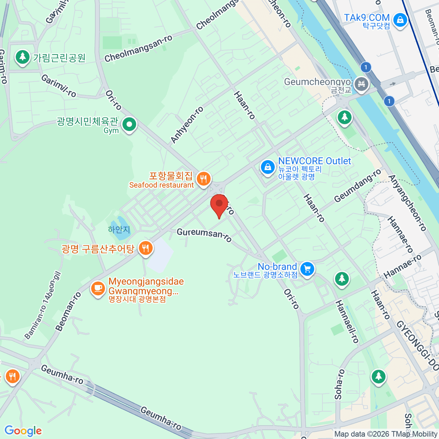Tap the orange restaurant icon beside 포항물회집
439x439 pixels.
[203, 179]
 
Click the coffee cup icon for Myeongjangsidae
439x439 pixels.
[98, 288]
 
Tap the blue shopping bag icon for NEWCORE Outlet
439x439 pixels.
[268, 168]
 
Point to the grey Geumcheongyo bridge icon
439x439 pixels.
[361, 85]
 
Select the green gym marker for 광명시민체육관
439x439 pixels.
[129, 125]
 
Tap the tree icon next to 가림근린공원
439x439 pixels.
[23, 57]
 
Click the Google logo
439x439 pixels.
[23, 431]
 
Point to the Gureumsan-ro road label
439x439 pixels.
[204, 235]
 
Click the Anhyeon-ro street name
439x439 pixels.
[187, 125]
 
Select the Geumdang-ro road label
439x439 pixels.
[357, 185]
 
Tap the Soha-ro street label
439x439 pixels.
[339, 384]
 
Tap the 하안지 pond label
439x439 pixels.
[119, 230]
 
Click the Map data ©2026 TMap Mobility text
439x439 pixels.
[386, 434]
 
